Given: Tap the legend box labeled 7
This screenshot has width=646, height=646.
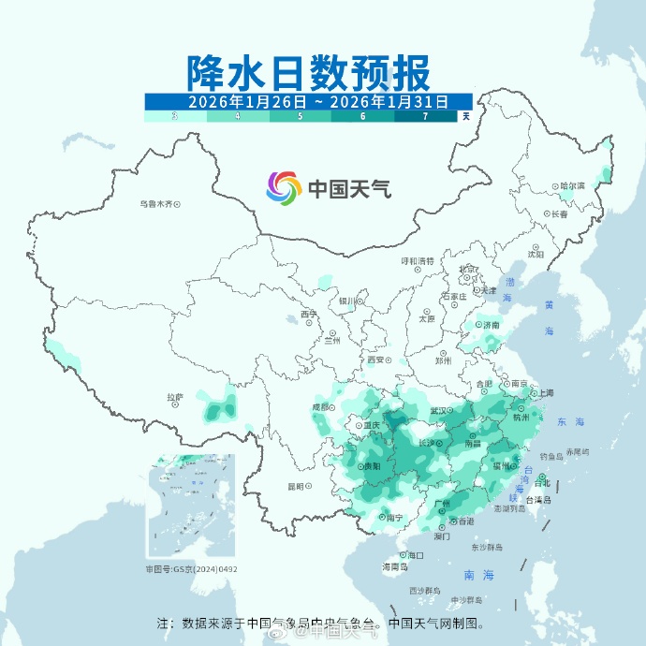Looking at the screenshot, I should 425,116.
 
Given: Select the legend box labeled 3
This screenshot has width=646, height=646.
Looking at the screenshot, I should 175,116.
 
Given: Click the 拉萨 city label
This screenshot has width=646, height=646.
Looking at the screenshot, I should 175,397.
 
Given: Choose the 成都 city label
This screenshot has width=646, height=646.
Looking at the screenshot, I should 320,406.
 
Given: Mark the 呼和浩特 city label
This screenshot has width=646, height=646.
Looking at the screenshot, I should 418,261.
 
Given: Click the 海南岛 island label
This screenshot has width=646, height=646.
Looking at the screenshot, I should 394,567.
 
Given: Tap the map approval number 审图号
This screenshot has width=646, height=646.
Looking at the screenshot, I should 190,568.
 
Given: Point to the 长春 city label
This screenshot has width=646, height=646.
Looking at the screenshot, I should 560,214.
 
